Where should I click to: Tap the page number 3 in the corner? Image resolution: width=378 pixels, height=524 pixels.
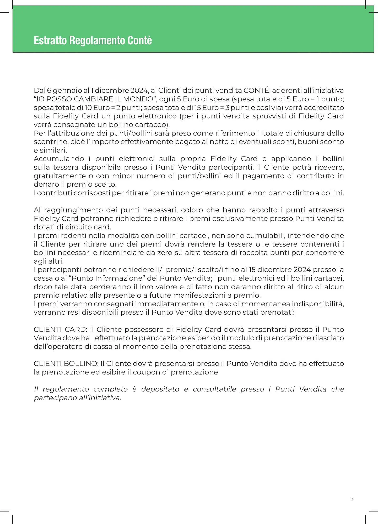click(352, 499)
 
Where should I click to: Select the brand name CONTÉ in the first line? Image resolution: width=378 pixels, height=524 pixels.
click(256, 91)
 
